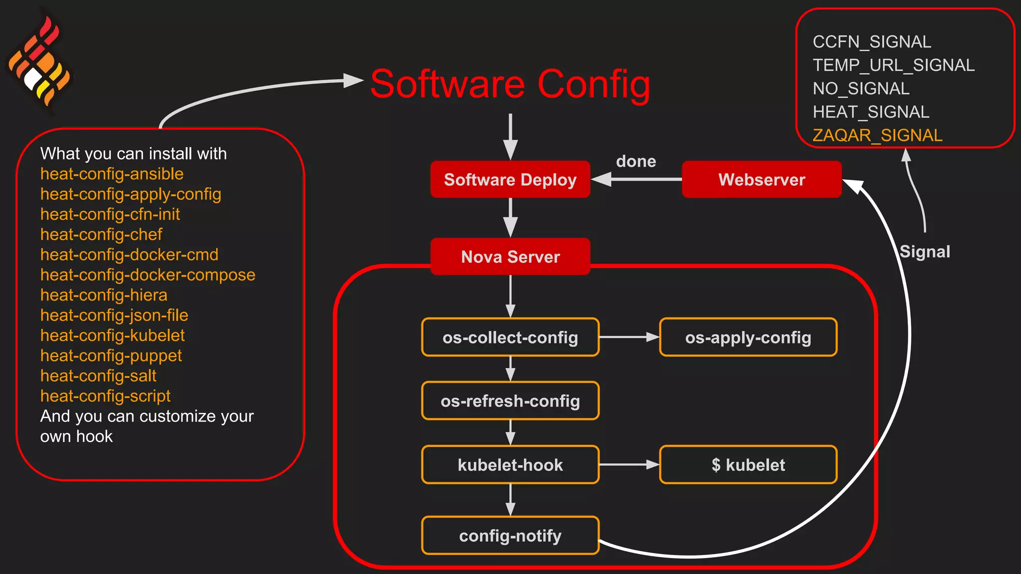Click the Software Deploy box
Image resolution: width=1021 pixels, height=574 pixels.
tap(510, 179)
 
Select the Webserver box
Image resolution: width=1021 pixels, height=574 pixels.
tap(761, 179)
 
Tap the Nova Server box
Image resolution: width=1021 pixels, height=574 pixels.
tap(510, 257)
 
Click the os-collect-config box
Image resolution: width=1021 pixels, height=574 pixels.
tap(510, 337)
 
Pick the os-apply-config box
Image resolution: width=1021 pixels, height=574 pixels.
tap(748, 337)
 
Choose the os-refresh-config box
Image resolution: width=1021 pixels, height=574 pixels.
tap(510, 401)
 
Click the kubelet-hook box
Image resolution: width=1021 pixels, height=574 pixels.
tap(510, 465)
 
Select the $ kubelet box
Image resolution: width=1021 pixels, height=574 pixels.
tap(748, 465)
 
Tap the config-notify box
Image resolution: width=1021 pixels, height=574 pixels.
tap(510, 536)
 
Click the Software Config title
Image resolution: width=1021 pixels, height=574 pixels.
tap(510, 84)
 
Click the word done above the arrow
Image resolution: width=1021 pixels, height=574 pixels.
tap(636, 161)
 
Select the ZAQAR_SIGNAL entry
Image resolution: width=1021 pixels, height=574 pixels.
tap(877, 135)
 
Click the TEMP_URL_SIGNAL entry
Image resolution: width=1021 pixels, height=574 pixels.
tap(893, 65)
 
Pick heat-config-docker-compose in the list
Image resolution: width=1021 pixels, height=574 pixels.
tap(148, 275)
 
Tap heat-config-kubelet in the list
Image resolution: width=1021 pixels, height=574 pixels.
tap(112, 335)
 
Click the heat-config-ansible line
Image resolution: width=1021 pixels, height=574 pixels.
tap(112, 174)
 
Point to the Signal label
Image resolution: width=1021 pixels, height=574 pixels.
tap(925, 252)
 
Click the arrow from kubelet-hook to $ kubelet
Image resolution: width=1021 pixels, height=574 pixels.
tap(629, 465)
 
